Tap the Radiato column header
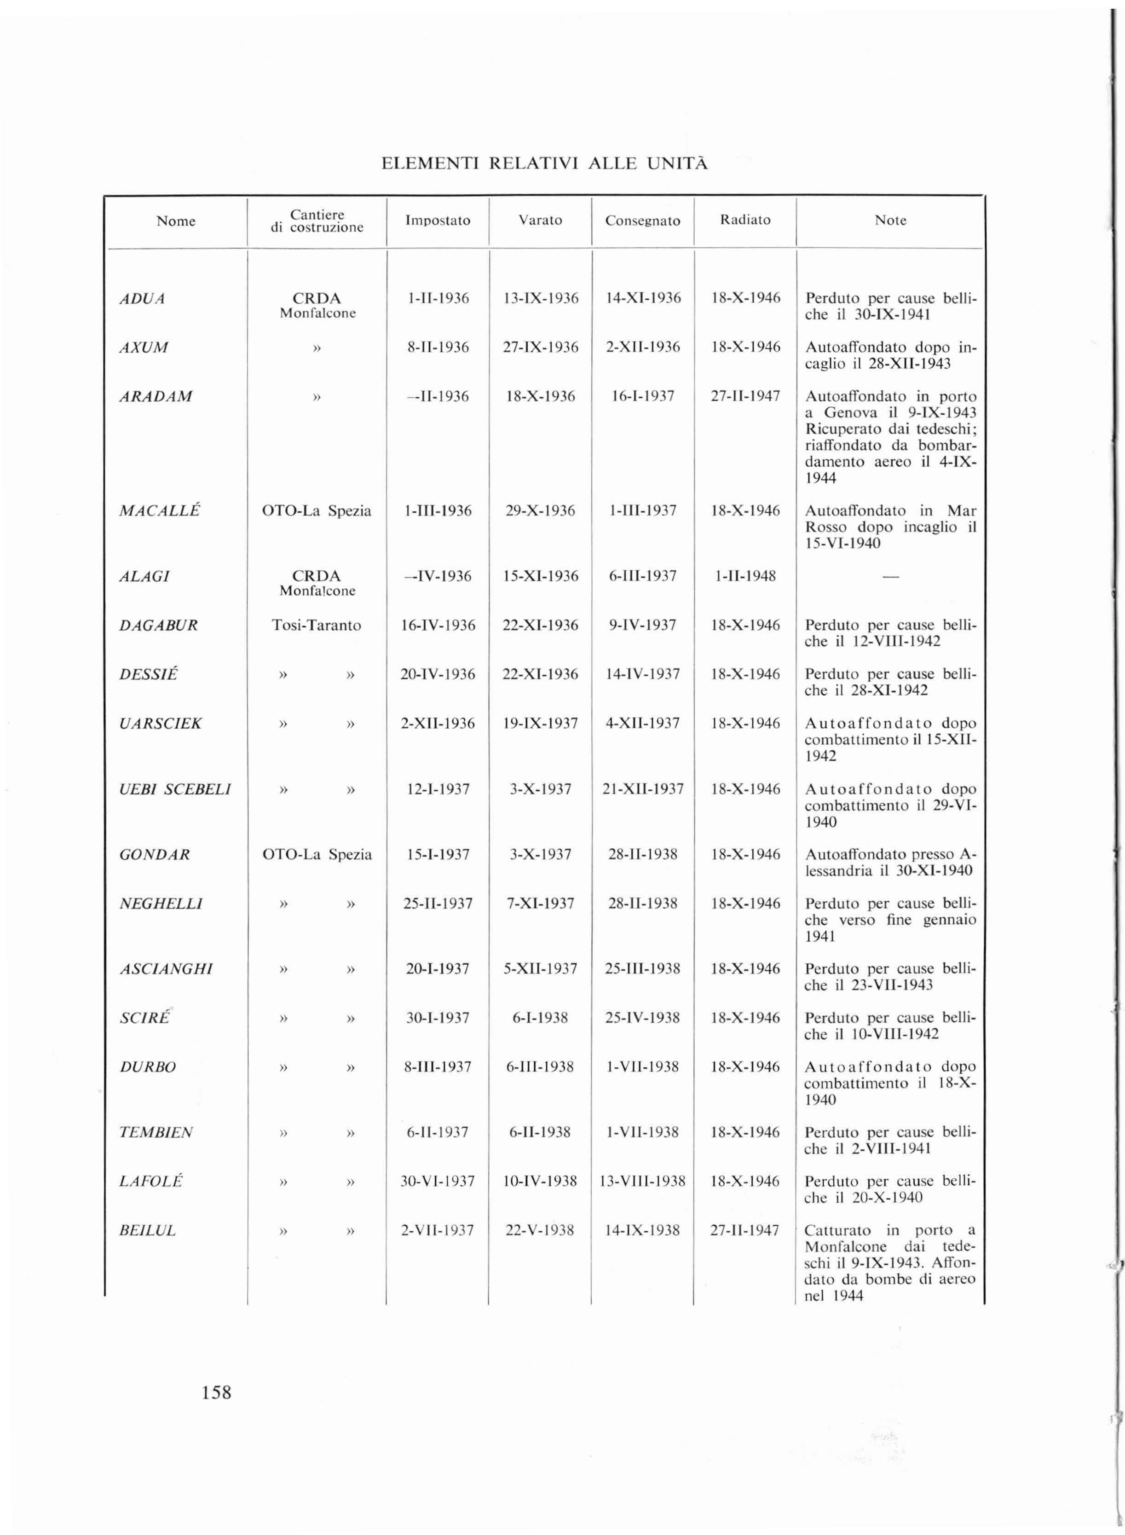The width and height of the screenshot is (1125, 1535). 745,220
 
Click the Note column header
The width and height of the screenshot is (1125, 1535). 890,220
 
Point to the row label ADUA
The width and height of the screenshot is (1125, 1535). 142,299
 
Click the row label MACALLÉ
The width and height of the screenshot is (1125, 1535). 159,511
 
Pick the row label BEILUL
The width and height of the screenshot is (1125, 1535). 147,1231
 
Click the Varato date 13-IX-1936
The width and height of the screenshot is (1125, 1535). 541,298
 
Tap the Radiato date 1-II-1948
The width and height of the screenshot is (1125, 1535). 745,576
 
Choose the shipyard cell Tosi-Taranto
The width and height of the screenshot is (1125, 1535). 317,625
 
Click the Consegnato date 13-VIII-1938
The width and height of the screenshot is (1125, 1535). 642,1181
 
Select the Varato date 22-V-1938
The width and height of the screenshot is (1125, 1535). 540,1231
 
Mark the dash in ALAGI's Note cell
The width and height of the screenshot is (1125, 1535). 890,577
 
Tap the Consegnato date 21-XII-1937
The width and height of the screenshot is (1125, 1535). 642,789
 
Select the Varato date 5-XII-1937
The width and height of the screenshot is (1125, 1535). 540,968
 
